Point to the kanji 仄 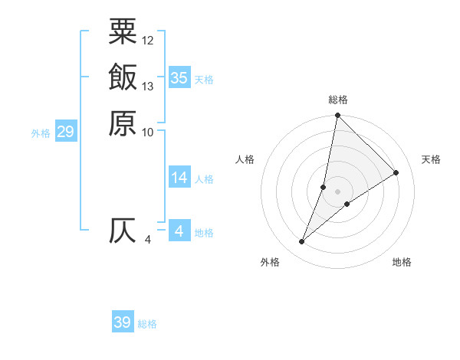click(123, 231)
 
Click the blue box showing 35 click(179, 77)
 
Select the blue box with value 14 click(179, 178)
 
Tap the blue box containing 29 click(65, 132)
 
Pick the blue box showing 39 click(123, 322)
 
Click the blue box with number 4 click(179, 231)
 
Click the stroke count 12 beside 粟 click(148, 40)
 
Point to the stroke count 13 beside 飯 click(148, 86)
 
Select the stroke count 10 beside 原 click(148, 132)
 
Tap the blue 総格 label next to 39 click(147, 324)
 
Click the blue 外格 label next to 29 click(41, 133)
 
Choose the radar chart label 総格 click(338, 100)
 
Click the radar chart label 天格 click(431, 159)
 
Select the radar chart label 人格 click(245, 159)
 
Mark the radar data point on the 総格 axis click(337, 116)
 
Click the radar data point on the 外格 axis click(301, 242)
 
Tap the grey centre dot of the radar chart click(337, 191)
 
